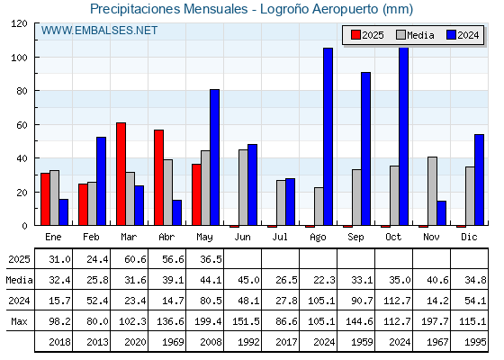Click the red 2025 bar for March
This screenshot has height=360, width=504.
click(x=121, y=174)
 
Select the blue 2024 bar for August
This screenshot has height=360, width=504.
click(x=328, y=137)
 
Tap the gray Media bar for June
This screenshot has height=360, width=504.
click(x=243, y=187)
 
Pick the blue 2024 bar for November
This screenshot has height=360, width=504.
click(x=441, y=213)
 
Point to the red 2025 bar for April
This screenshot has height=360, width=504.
click(x=158, y=177)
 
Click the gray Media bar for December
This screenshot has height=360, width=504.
click(x=470, y=196)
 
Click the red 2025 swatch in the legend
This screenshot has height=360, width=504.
click(x=355, y=35)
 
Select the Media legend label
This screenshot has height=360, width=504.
click(x=420, y=35)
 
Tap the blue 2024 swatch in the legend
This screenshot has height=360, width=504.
click(x=451, y=35)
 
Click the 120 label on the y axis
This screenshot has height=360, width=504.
click(x=19, y=23)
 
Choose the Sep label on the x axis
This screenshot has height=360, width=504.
click(x=355, y=238)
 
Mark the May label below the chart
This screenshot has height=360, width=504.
click(x=204, y=238)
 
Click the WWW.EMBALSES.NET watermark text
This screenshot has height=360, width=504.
click(x=99, y=31)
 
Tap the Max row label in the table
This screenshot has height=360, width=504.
click(x=19, y=321)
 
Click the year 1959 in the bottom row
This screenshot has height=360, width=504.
click(x=362, y=342)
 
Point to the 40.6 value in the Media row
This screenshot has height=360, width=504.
click(x=437, y=280)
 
